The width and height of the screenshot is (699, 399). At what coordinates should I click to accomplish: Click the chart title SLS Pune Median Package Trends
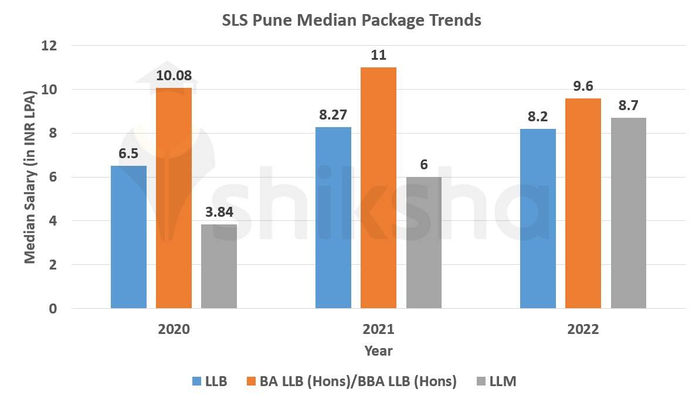click(351, 20)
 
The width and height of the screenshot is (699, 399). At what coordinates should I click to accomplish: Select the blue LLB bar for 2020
click(128, 237)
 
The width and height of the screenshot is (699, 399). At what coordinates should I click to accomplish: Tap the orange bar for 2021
click(378, 187)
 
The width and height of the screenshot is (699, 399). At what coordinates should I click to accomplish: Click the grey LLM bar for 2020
click(219, 266)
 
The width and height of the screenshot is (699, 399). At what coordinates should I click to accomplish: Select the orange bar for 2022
click(583, 203)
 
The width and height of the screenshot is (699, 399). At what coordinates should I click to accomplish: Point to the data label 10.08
click(174, 76)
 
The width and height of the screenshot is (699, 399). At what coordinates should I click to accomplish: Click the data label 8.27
click(333, 115)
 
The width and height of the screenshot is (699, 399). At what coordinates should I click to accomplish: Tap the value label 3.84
click(219, 212)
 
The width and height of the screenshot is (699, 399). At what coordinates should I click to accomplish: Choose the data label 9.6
click(583, 86)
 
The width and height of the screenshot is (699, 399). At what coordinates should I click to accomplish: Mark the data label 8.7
click(628, 105)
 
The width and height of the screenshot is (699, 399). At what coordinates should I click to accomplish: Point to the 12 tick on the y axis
click(53, 46)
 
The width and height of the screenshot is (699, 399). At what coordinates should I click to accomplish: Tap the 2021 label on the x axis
click(378, 329)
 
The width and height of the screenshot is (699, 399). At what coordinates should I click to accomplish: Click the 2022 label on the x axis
click(583, 329)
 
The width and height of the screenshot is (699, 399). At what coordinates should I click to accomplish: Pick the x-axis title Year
click(378, 351)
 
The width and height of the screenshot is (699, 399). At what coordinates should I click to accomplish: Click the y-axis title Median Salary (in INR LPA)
click(30, 177)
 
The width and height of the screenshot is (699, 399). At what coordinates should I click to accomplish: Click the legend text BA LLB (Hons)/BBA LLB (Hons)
click(359, 381)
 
